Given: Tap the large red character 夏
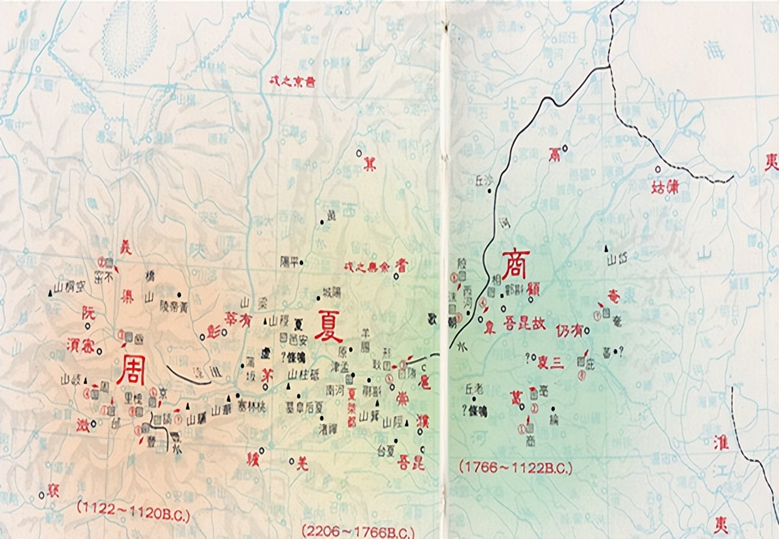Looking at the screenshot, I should (328, 325).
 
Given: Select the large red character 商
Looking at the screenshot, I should (515, 265).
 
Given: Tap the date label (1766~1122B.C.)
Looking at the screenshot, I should (515, 467).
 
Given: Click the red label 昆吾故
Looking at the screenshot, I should (524, 323).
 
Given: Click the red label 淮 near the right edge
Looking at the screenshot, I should (720, 443).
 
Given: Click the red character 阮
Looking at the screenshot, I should (88, 311).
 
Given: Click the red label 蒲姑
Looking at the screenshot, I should (665, 187).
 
